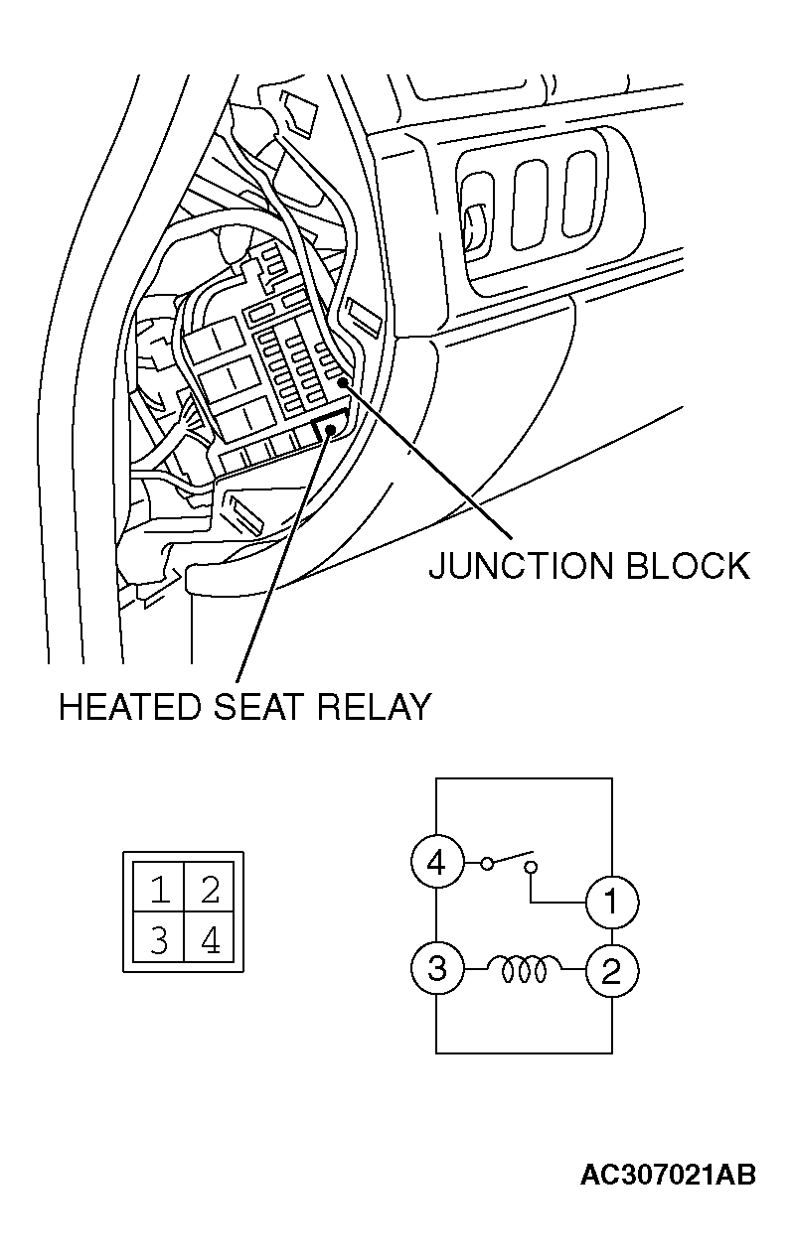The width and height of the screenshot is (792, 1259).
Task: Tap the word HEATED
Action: click(130, 707)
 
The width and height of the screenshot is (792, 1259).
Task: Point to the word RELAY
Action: click(374, 707)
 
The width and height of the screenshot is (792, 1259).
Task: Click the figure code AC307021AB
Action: click(668, 1175)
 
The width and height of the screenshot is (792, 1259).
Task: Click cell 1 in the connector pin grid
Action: click(159, 887)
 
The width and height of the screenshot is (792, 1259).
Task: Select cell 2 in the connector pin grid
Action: click(210, 887)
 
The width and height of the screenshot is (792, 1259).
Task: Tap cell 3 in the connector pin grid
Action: click(159, 936)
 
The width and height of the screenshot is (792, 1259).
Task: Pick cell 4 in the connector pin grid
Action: click(210, 936)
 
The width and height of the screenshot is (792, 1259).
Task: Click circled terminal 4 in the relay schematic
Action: click(437, 861)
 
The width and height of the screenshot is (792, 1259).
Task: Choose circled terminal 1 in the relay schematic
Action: click(612, 903)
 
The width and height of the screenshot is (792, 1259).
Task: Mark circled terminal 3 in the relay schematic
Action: click(437, 969)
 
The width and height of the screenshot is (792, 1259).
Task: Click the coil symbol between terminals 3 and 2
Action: click(525, 969)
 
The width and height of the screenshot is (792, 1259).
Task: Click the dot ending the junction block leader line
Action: click(342, 382)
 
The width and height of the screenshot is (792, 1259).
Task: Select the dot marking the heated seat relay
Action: click(331, 431)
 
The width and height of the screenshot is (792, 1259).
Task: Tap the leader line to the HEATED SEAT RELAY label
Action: click(284, 556)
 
